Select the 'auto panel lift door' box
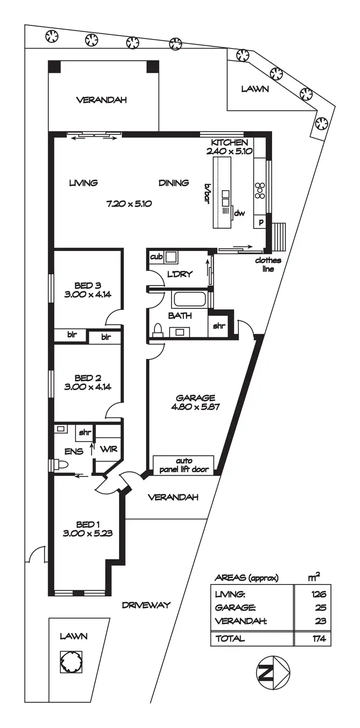pos(183,465)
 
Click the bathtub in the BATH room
pos(189,299)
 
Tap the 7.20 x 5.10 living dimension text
pos(129,203)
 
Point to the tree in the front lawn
pos(71,662)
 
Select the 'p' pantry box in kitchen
pos(261,222)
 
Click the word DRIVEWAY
pos(146,605)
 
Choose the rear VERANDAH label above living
pos(101,100)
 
